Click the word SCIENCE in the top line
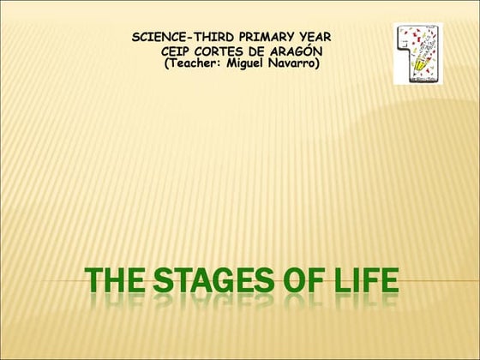click(x=159, y=38)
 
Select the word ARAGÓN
click(x=299, y=52)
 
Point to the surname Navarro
click(x=294, y=65)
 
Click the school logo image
click(x=418, y=53)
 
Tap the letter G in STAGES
click(x=239, y=283)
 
